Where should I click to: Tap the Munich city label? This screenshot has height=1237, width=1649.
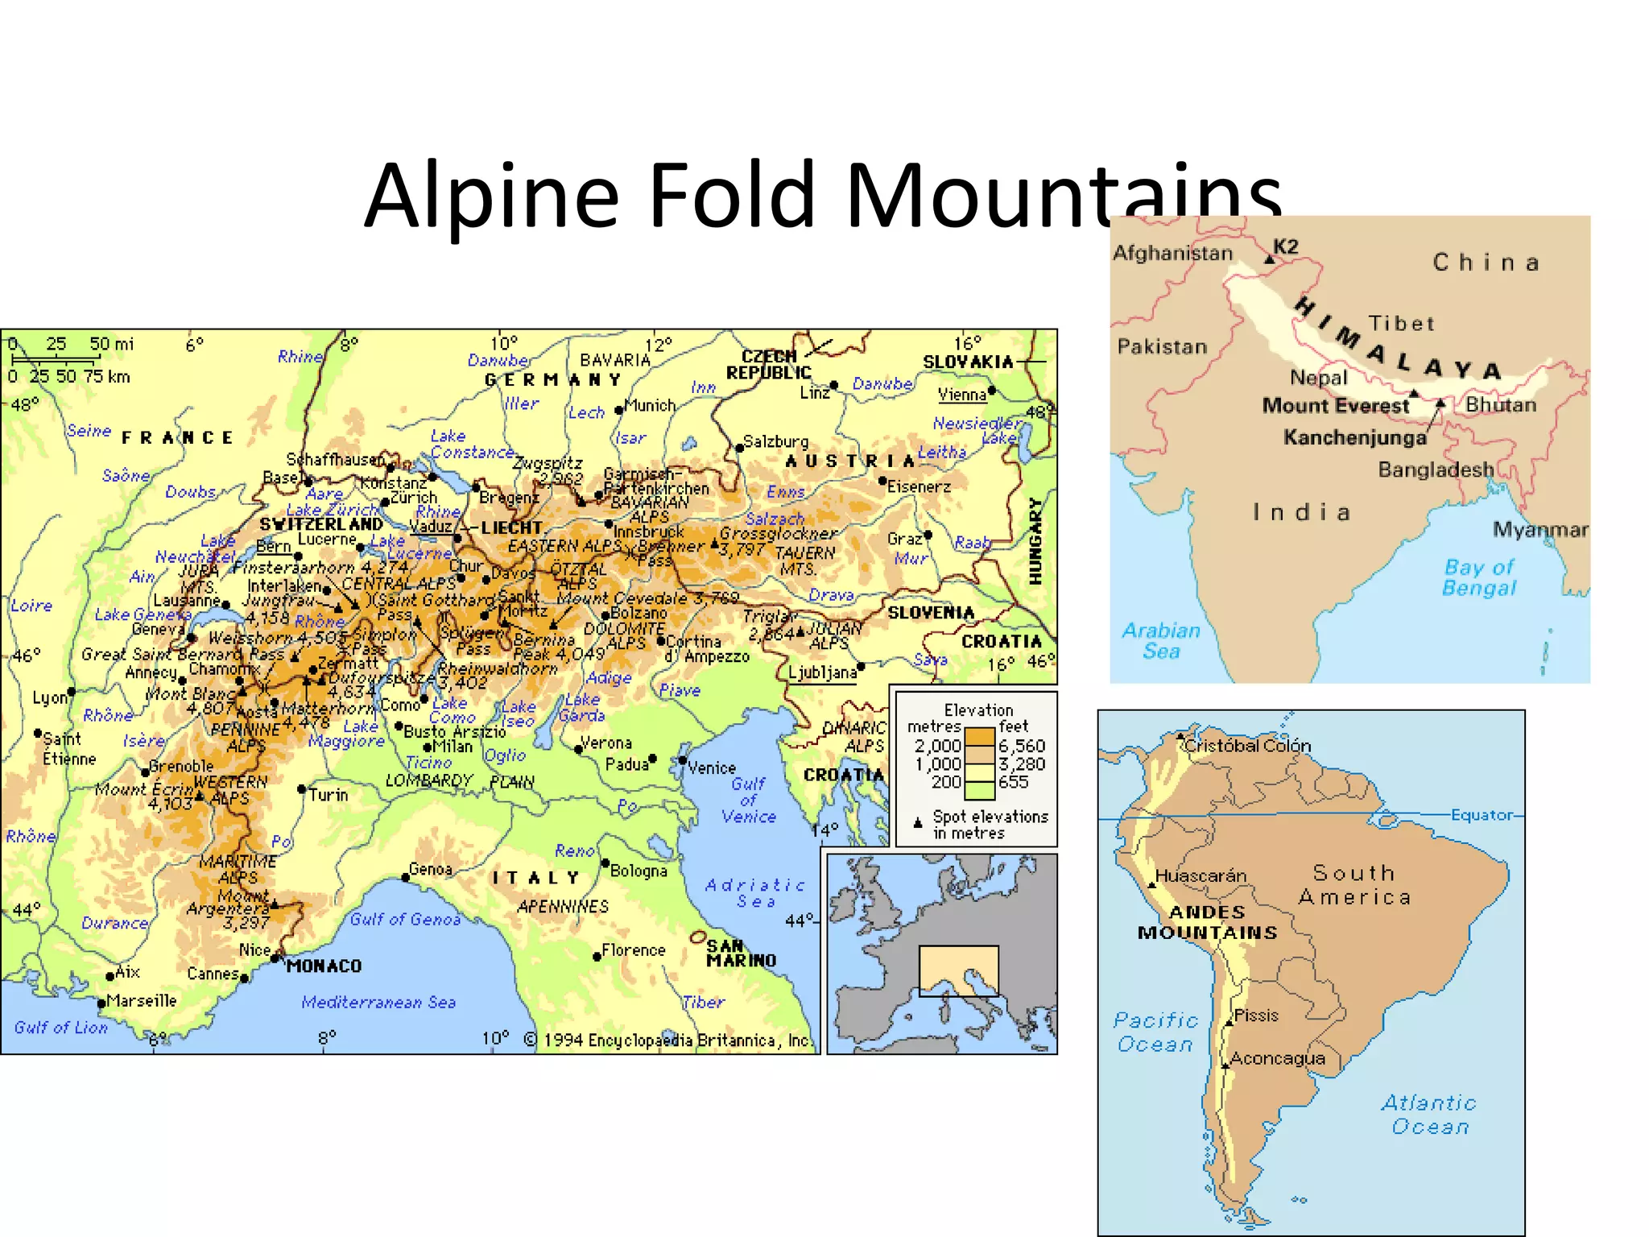pyautogui.click(x=649, y=405)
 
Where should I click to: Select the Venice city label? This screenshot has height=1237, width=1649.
pyautogui.click(x=712, y=767)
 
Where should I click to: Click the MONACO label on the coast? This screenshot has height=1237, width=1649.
pyautogui.click(x=324, y=966)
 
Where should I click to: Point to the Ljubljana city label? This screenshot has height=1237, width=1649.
pyautogui.click(x=822, y=672)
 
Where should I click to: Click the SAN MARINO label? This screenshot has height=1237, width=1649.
pyautogui.click(x=741, y=953)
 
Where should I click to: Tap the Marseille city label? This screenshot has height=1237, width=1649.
pyautogui.click(x=141, y=1000)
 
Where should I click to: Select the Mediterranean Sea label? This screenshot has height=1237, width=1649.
pyautogui.click(x=378, y=1002)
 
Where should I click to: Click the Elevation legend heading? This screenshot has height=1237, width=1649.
pyautogui.click(x=978, y=710)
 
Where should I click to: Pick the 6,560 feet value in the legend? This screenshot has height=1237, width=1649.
pyautogui.click(x=1022, y=746)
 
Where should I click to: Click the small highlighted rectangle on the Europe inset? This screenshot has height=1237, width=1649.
pyautogui.click(x=958, y=970)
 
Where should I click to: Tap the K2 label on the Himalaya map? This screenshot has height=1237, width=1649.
pyautogui.click(x=1286, y=246)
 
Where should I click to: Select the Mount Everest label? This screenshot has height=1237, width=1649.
pyautogui.click(x=1335, y=405)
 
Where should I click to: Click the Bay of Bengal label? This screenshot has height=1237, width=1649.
pyautogui.click(x=1479, y=577)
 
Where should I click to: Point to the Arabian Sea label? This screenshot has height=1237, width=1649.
pyautogui.click(x=1160, y=640)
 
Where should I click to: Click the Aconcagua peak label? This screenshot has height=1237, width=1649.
pyautogui.click(x=1277, y=1058)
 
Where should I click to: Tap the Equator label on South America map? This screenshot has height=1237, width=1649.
pyautogui.click(x=1482, y=815)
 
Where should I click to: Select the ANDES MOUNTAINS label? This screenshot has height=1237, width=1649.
pyautogui.click(x=1207, y=922)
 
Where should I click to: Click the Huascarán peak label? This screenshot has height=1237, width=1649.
pyautogui.click(x=1201, y=875)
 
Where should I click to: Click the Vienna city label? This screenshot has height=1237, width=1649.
pyautogui.click(x=961, y=395)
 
